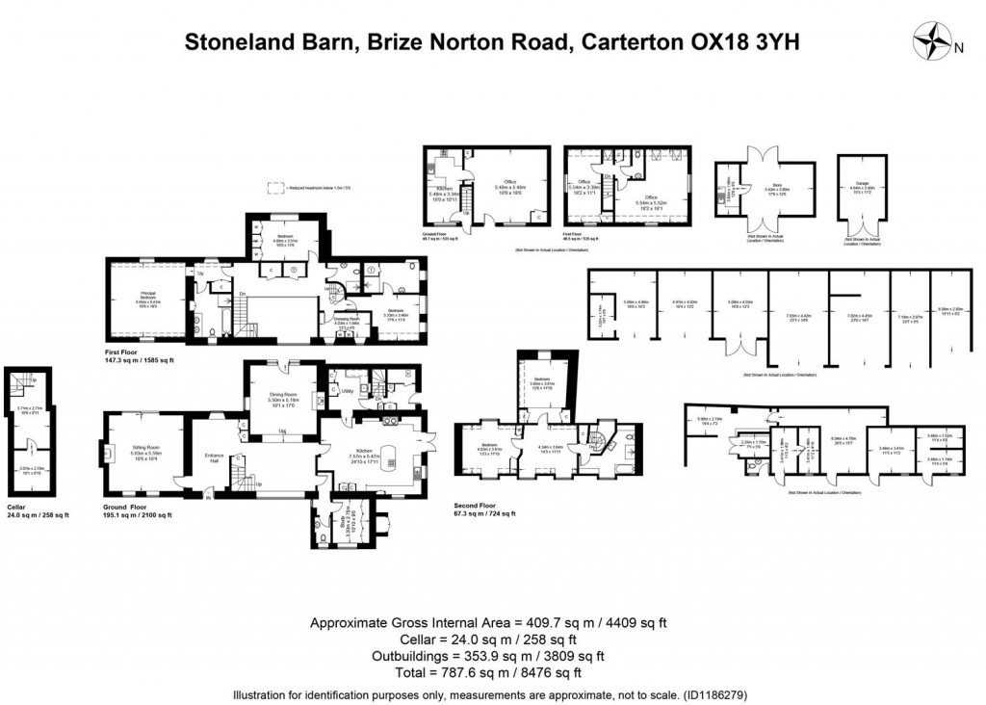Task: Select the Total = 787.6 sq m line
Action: coord(492,672)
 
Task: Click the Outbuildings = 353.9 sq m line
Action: coord(492,656)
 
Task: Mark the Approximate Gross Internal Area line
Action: coord(492,623)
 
